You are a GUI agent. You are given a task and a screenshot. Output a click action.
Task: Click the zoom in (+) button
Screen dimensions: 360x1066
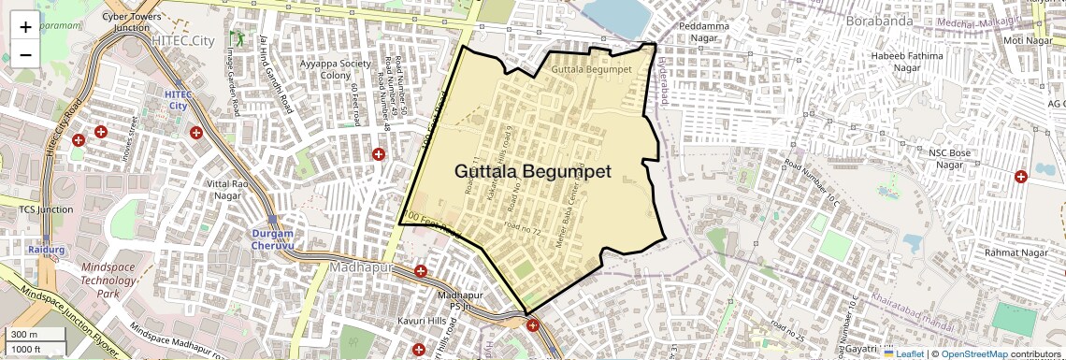(25, 26)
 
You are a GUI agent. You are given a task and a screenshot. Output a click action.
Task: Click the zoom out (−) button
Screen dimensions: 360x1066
(25, 54)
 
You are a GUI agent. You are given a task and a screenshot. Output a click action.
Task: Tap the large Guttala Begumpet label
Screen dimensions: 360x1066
(533, 172)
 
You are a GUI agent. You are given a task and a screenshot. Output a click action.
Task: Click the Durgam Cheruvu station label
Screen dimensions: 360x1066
(273, 238)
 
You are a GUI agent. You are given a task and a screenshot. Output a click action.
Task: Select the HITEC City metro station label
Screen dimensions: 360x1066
(178, 99)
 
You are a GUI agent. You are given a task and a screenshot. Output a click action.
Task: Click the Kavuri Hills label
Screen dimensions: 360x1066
(397, 322)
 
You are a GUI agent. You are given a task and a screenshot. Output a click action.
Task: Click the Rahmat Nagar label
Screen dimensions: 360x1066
(1016, 253)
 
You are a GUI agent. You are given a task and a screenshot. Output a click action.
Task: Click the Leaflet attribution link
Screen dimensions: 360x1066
(904, 353)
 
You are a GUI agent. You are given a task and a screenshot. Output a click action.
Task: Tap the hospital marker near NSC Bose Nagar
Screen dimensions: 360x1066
(1020, 176)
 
